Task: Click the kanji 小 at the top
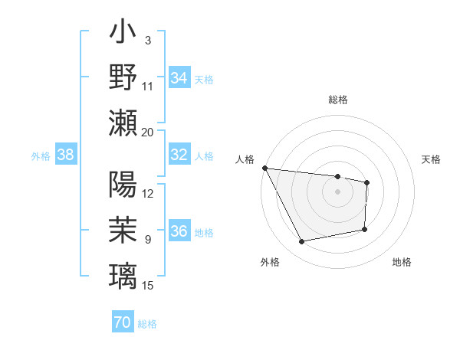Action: pyautogui.click(x=123, y=34)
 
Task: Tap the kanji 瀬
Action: pyautogui.click(x=123, y=123)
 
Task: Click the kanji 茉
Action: pyautogui.click(x=123, y=230)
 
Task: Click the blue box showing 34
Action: pyautogui.click(x=179, y=77)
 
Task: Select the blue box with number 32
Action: pyautogui.click(x=179, y=155)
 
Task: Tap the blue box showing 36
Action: pyautogui.click(x=179, y=232)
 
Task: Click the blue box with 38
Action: pyautogui.click(x=65, y=155)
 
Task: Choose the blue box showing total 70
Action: pyautogui.click(x=122, y=323)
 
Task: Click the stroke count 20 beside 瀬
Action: pyautogui.click(x=148, y=132)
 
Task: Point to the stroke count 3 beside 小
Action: pyautogui.click(x=147, y=40)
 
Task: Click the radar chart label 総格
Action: pyautogui.click(x=337, y=100)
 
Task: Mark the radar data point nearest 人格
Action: pyautogui.click(x=264, y=168)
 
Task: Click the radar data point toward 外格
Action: pyautogui.click(x=302, y=242)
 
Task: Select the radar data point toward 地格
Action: pyautogui.click(x=365, y=229)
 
